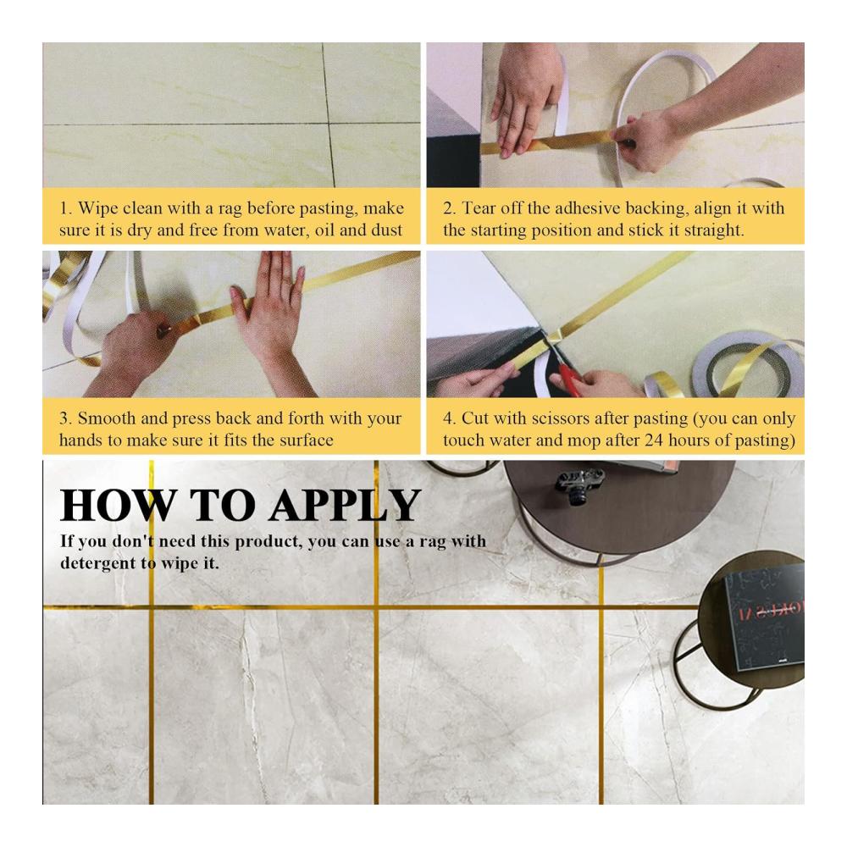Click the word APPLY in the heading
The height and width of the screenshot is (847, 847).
(x=345, y=505)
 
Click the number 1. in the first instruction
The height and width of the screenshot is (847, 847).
(x=66, y=208)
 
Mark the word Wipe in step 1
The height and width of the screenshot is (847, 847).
(x=98, y=208)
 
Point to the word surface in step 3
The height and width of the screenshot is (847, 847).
(x=306, y=440)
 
